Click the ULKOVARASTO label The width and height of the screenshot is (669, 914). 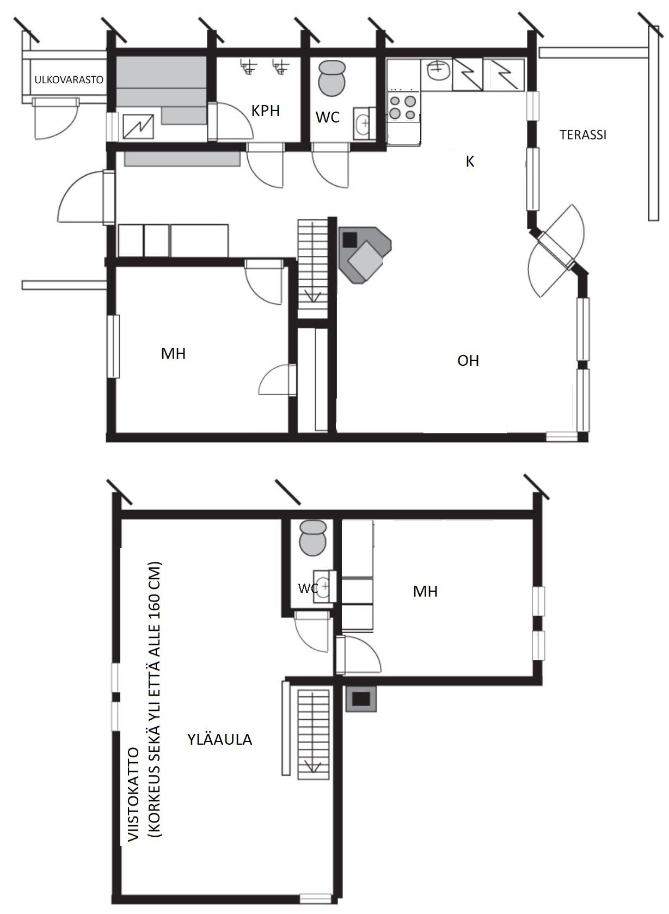69,79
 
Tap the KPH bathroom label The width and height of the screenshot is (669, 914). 266,111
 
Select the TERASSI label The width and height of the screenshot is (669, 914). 583,134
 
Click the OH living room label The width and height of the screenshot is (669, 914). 468,360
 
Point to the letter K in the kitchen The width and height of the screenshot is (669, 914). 470,162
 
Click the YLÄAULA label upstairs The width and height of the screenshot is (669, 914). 219,739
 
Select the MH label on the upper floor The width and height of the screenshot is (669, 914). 425,591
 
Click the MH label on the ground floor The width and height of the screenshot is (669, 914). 173,353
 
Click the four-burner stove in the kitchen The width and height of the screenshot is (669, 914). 402,107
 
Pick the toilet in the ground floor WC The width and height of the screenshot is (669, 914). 332,78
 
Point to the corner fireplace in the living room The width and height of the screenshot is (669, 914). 364,255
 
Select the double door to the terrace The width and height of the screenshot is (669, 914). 556,250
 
